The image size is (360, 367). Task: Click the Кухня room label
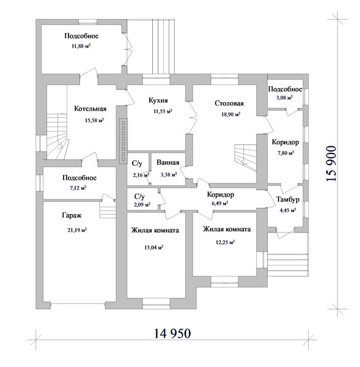click(158, 100)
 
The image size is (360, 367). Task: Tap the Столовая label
click(229, 103)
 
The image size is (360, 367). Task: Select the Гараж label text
click(72, 215)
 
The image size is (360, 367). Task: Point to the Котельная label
click(90, 109)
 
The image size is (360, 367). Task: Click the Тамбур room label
click(288, 199)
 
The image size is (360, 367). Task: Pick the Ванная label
click(168, 163)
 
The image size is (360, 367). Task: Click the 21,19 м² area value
click(77, 230)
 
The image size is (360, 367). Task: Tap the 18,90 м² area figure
click(231, 114)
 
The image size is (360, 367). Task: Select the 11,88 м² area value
click(81, 46)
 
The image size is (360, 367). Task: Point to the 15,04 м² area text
click(153, 247)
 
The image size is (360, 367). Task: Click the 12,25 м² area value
click(225, 242)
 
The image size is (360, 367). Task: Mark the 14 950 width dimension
click(172, 333)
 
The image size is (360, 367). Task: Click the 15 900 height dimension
click(331, 163)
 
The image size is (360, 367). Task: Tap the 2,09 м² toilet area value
click(142, 205)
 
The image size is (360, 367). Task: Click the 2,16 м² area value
click(141, 175)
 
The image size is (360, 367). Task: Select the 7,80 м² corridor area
click(285, 153)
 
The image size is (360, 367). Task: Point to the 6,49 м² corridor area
click(220, 204)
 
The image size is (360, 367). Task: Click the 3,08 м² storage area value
click(284, 98)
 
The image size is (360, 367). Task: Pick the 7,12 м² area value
click(78, 188)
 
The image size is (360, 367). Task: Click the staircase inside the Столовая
click(245, 157)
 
